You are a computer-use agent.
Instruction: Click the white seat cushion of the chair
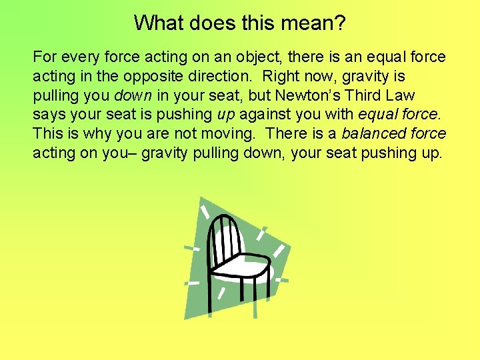point(239,264)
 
